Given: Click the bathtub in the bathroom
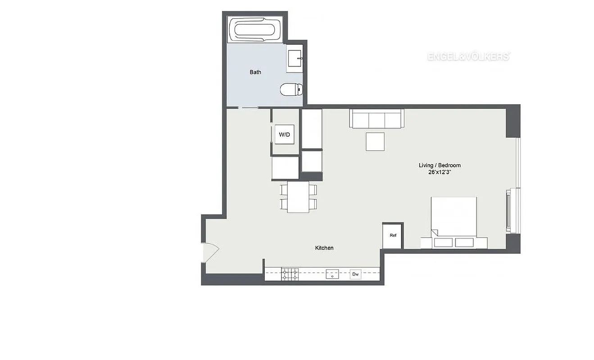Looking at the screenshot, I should click(255, 30).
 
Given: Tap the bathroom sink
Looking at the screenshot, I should click(295, 58).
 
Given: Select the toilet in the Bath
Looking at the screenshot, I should click(291, 90).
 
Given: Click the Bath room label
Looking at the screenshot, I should click(255, 72).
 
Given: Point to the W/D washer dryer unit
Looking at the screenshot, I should click(285, 135).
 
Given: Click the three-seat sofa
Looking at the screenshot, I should click(376, 119).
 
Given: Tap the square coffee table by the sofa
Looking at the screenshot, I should click(375, 141).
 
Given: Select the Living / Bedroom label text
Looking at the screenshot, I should click(440, 165).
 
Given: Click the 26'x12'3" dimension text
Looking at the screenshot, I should click(440, 172).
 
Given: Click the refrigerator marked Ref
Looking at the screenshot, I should click(393, 235).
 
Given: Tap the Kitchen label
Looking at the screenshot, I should click(324, 248).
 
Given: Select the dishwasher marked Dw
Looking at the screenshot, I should click(356, 274).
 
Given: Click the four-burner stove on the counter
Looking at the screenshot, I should click(290, 274).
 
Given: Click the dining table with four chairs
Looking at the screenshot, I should click(298, 197).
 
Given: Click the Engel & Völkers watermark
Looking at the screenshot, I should click(468, 57).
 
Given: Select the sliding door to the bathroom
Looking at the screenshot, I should click(248, 108).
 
